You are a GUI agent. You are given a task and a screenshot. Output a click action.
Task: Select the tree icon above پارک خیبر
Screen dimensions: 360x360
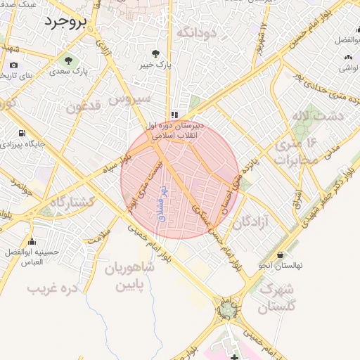coord(157,53)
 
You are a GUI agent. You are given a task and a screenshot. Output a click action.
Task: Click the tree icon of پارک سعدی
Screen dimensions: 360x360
coord(69,59)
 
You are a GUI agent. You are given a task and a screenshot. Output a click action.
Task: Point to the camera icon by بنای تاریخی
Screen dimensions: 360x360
coord(13,65)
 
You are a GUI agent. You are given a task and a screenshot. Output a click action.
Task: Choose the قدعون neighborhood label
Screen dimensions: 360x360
coord(87,108)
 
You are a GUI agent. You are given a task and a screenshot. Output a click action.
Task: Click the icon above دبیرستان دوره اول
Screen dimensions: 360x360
coord(174,115)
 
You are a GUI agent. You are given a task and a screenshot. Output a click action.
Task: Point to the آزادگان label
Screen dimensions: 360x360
coord(252,222)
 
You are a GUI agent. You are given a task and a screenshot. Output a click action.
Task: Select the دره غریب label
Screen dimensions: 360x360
coord(51,288)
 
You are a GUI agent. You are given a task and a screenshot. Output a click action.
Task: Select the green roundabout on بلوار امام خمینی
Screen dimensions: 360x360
coord(227,309)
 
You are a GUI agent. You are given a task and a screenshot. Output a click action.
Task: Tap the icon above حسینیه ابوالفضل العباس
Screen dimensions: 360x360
coord(23,239)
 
